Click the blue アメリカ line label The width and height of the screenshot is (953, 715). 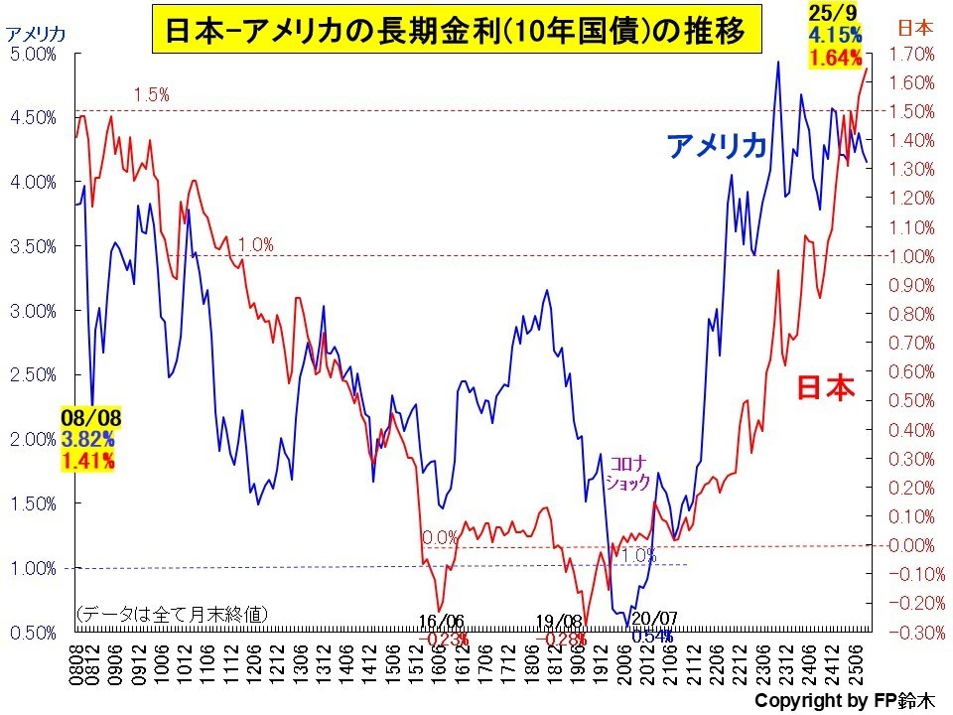[717, 145]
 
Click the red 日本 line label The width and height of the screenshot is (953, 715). [826, 388]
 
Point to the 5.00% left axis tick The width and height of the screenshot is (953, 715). [33, 54]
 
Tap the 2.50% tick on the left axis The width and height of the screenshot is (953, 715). [33, 374]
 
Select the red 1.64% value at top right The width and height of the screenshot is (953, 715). [835, 59]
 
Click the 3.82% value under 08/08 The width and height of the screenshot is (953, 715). [87, 438]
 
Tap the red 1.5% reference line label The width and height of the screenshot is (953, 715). [151, 95]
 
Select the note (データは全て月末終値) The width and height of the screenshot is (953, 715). [171, 615]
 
